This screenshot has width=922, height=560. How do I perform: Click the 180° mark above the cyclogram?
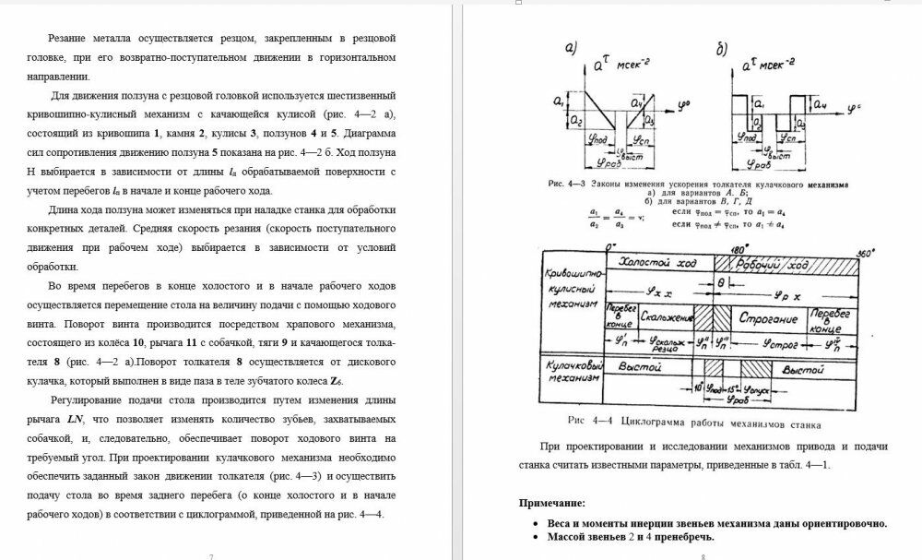[x=716, y=249]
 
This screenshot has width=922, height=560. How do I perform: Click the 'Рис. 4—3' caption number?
[x=564, y=184]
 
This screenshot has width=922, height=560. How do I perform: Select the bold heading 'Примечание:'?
[x=551, y=503]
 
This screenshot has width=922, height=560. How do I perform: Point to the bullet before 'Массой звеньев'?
[x=538, y=536]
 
